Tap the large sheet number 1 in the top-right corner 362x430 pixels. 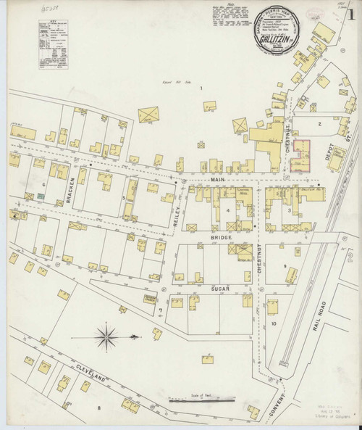[x=351, y=17]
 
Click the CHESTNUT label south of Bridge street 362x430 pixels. [x=258, y=276]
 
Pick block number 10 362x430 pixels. [x=274, y=323]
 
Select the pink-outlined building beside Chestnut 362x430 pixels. [x=302, y=156]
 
